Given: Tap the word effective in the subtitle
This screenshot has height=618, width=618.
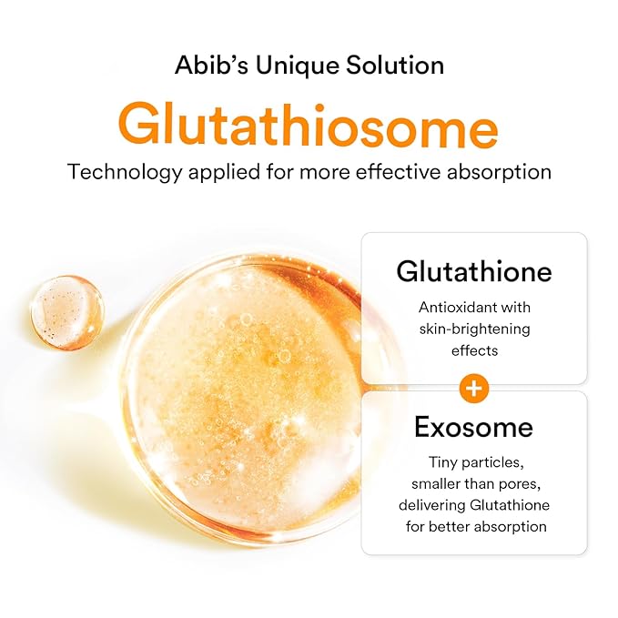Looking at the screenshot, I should (x=374, y=173).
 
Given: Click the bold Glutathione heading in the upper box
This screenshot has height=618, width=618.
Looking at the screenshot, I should (x=473, y=272).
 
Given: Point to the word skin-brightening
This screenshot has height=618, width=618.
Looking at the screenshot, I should (x=473, y=329).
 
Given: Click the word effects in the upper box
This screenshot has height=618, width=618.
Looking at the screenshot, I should (x=473, y=350).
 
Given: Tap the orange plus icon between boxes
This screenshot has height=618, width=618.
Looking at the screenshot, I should (x=473, y=389).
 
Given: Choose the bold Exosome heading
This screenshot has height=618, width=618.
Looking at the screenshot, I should (x=473, y=427).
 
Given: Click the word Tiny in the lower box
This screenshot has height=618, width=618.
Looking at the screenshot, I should (x=445, y=462).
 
